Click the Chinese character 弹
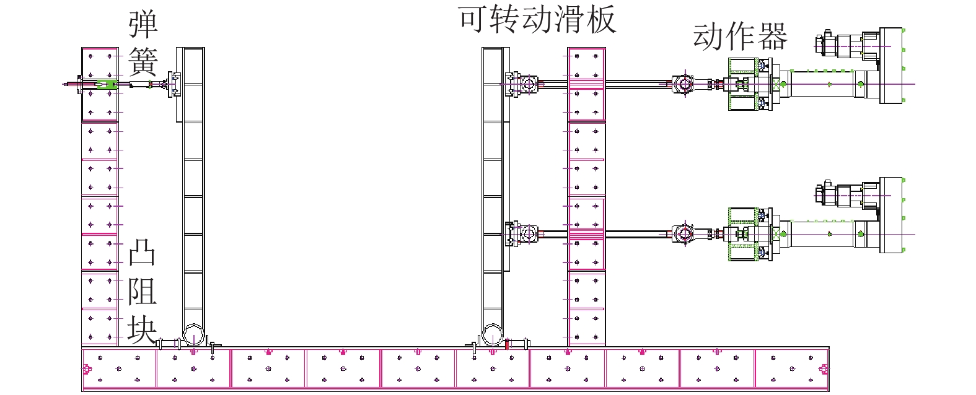pyautogui.click(x=143, y=25)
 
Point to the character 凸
pyautogui.click(x=142, y=254)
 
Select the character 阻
pyautogui.click(x=142, y=290)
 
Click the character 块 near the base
pyautogui.click(x=142, y=328)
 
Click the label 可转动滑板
pyautogui.click(x=537, y=19)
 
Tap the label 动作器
pyautogui.click(x=740, y=37)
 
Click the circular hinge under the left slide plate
pyautogui.click(x=193, y=335)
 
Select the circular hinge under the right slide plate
pyautogui.click(x=493, y=335)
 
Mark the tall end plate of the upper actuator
pyautogui.click(x=891, y=65)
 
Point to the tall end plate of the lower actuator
pyautogui.click(x=891, y=214)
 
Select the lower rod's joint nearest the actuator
pyautogui.click(x=684, y=234)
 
